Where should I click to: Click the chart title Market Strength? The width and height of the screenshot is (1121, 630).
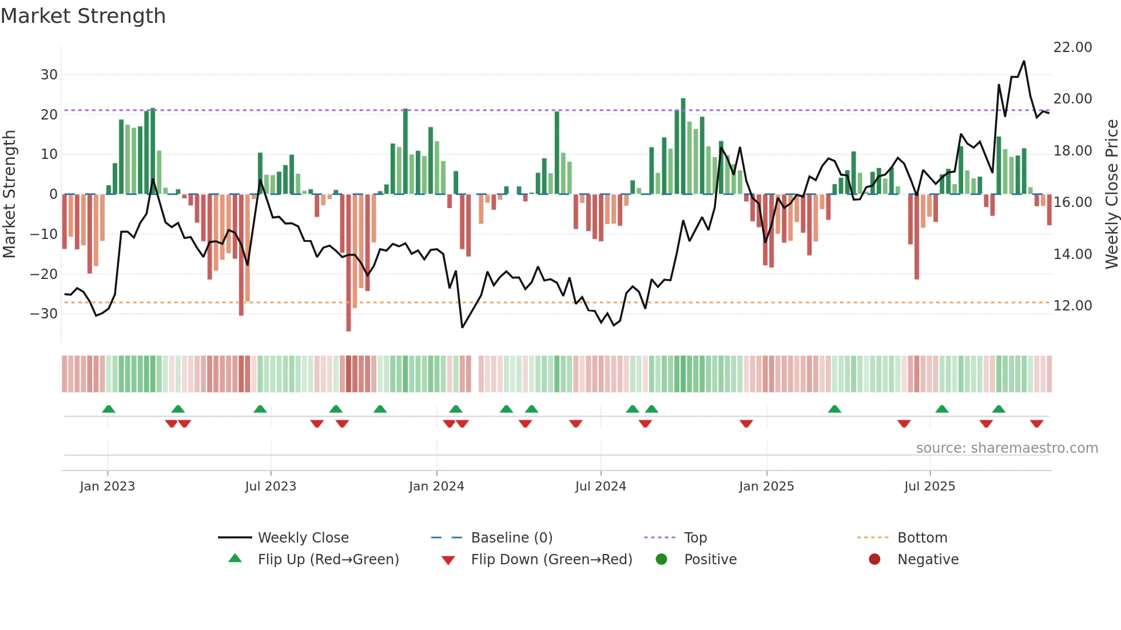click(83, 16)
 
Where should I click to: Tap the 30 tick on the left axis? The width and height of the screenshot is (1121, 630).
click(49, 75)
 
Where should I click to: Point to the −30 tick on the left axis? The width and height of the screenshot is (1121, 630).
click(44, 314)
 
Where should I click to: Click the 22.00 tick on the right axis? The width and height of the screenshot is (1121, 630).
click(1072, 47)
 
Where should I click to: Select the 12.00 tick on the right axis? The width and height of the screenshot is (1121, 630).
click(1072, 306)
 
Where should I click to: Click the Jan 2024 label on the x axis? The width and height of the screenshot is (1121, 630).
click(436, 487)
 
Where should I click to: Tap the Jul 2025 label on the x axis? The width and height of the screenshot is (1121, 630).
click(929, 487)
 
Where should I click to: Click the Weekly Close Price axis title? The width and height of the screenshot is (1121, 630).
click(1111, 194)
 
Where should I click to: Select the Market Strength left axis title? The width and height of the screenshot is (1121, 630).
click(10, 194)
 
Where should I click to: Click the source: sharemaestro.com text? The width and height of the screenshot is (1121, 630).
click(1007, 448)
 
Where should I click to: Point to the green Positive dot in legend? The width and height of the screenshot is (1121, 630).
click(662, 560)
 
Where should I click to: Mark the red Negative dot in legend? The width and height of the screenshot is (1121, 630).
click(874, 560)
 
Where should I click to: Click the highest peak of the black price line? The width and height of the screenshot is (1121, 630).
click(1024, 61)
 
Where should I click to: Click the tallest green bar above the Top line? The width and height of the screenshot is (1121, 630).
click(683, 100)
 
